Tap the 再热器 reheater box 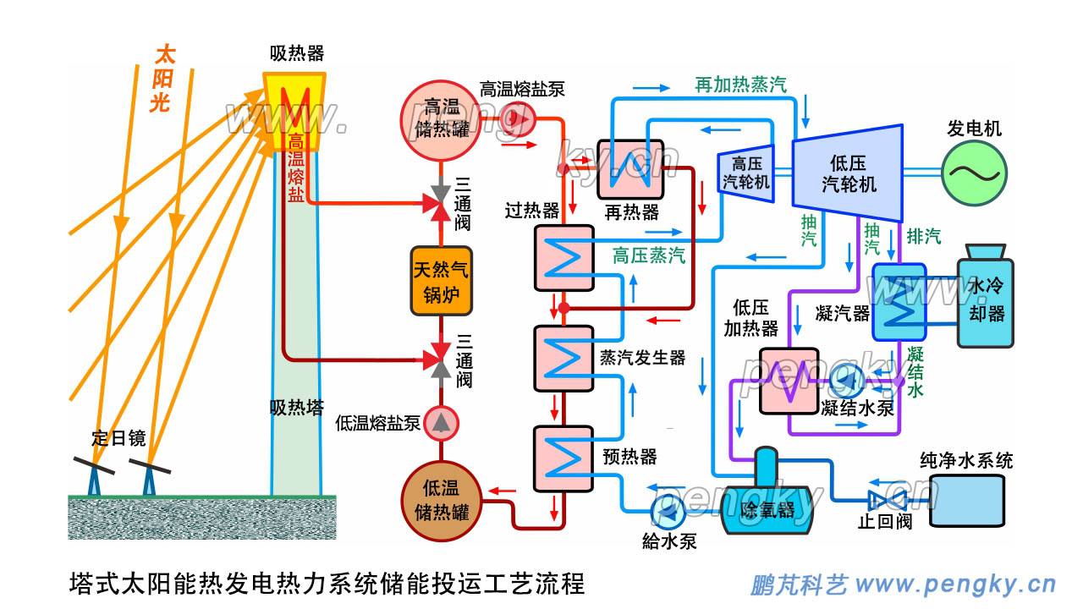tap(630, 169)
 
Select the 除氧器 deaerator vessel tap(767, 506)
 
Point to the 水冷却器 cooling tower tap(985, 300)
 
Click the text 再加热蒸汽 tap(740, 85)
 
